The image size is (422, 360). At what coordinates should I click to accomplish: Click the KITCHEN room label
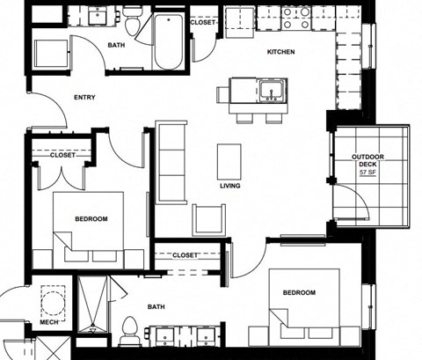(280, 52)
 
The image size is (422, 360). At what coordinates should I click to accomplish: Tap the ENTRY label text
(85, 97)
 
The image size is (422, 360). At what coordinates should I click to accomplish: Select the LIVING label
(230, 186)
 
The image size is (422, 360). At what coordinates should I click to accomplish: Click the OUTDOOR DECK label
(368, 160)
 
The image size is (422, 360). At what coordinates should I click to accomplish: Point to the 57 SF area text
(368, 173)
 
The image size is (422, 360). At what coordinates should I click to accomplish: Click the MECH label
(49, 322)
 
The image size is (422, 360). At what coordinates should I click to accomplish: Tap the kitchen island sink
(270, 90)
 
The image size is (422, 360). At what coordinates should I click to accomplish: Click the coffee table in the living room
(229, 160)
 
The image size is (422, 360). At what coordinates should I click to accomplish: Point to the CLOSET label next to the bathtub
(202, 22)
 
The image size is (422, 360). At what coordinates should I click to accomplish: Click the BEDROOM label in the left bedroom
(91, 218)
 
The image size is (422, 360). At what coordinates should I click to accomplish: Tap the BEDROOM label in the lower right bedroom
(299, 292)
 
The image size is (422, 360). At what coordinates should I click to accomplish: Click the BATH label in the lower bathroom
(156, 306)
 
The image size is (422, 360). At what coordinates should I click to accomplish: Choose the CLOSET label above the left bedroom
(62, 154)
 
